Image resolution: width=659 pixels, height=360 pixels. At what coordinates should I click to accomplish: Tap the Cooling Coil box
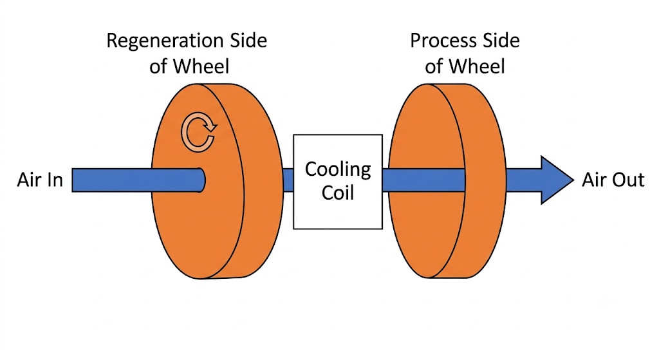[338, 182]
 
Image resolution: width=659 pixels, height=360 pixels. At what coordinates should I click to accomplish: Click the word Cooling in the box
[338, 170]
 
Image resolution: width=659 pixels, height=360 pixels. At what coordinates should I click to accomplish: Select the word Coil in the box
[338, 193]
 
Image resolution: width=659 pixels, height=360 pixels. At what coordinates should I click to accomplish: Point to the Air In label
[40, 180]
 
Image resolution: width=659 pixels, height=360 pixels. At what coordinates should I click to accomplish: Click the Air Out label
[613, 180]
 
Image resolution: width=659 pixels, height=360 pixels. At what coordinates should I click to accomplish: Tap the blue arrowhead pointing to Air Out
[555, 180]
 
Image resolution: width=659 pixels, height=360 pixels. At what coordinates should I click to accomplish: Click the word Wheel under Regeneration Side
[201, 66]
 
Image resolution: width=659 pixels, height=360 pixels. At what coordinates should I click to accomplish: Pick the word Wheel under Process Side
[477, 66]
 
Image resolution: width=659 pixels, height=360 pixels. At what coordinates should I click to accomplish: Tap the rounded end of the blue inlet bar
[202, 180]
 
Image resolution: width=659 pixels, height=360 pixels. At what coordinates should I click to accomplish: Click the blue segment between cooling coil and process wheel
[423, 180]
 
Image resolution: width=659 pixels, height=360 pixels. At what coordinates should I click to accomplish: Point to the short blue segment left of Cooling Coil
[288, 180]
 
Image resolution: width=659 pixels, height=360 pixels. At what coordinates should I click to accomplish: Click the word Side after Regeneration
[248, 41]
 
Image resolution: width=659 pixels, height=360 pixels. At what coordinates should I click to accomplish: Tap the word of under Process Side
[434, 66]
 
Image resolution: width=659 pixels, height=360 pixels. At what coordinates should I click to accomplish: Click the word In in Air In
[55, 180]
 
